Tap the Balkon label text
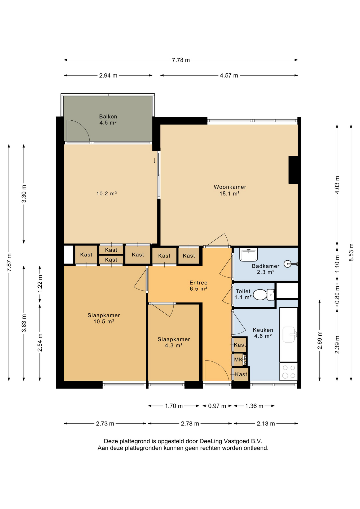(x=108, y=116)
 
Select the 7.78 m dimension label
(x=181, y=60)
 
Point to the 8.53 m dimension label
(x=351, y=252)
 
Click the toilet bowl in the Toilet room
(x=264, y=295)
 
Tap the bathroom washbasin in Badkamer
(x=248, y=254)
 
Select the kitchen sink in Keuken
(x=289, y=335)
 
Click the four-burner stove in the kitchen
(x=289, y=372)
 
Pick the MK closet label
(x=238, y=360)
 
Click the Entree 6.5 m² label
(x=198, y=286)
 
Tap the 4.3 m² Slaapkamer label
(x=174, y=342)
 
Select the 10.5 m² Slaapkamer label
(x=104, y=318)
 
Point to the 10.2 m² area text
(x=107, y=194)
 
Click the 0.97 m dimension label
(x=217, y=406)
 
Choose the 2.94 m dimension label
(x=108, y=76)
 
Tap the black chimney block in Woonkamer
(x=293, y=170)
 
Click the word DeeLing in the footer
(x=211, y=441)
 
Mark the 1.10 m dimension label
(x=337, y=264)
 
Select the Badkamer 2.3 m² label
(x=265, y=269)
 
